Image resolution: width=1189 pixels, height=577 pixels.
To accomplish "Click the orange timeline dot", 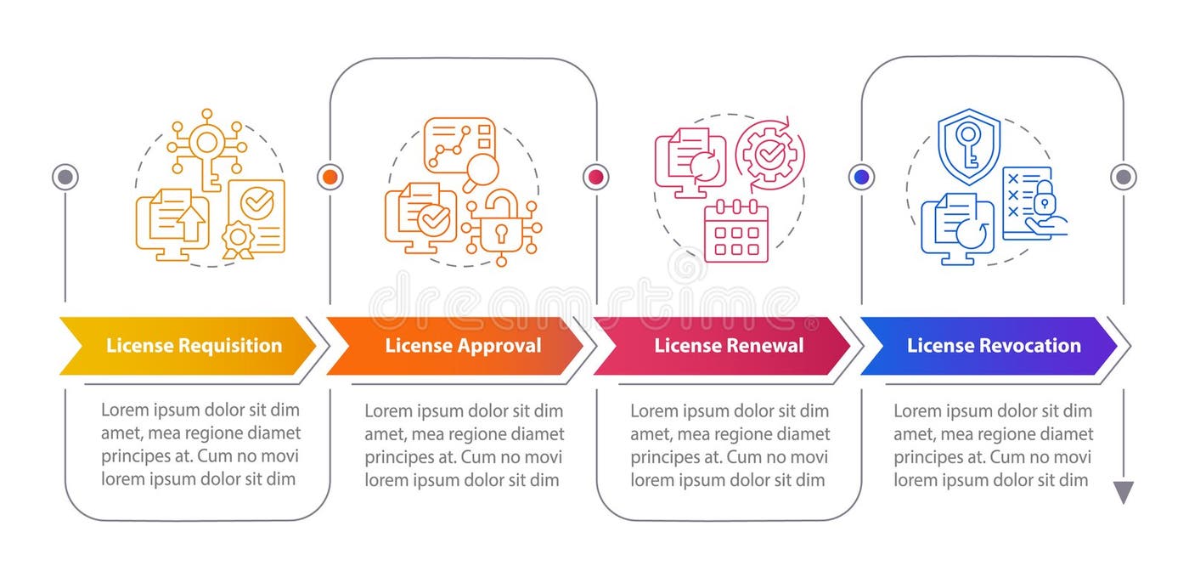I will (x=330, y=177).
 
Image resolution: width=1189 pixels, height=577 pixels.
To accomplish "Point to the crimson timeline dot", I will (x=595, y=177).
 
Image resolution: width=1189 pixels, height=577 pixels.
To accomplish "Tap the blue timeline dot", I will (x=861, y=177).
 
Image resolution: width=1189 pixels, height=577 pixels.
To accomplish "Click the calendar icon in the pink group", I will (x=735, y=230).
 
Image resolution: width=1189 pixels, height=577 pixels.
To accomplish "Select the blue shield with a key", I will (x=968, y=145).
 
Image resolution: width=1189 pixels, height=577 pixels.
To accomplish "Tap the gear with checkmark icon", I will (x=769, y=154).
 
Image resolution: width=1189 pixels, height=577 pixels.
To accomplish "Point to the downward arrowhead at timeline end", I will (x=1124, y=492).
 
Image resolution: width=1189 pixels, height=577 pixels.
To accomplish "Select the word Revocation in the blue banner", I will (x=1030, y=346).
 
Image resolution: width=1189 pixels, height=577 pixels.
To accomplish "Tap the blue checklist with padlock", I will (x=1031, y=202).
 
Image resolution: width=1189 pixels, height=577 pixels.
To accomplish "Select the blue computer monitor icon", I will (x=957, y=228).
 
